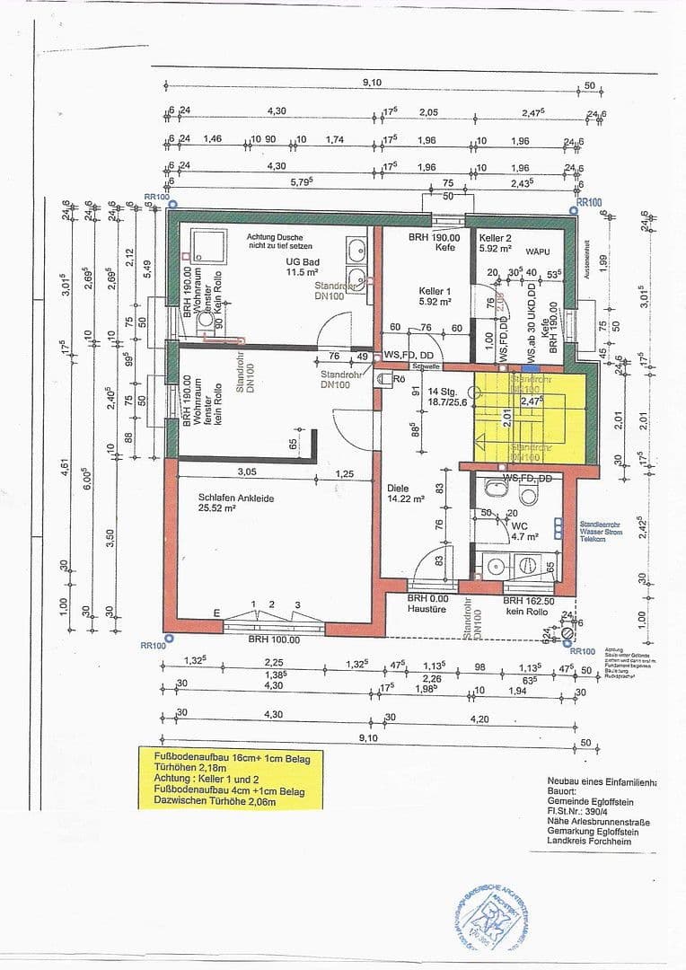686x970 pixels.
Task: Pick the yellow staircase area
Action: [x=530, y=418]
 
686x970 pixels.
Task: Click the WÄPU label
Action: [x=538, y=254]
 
